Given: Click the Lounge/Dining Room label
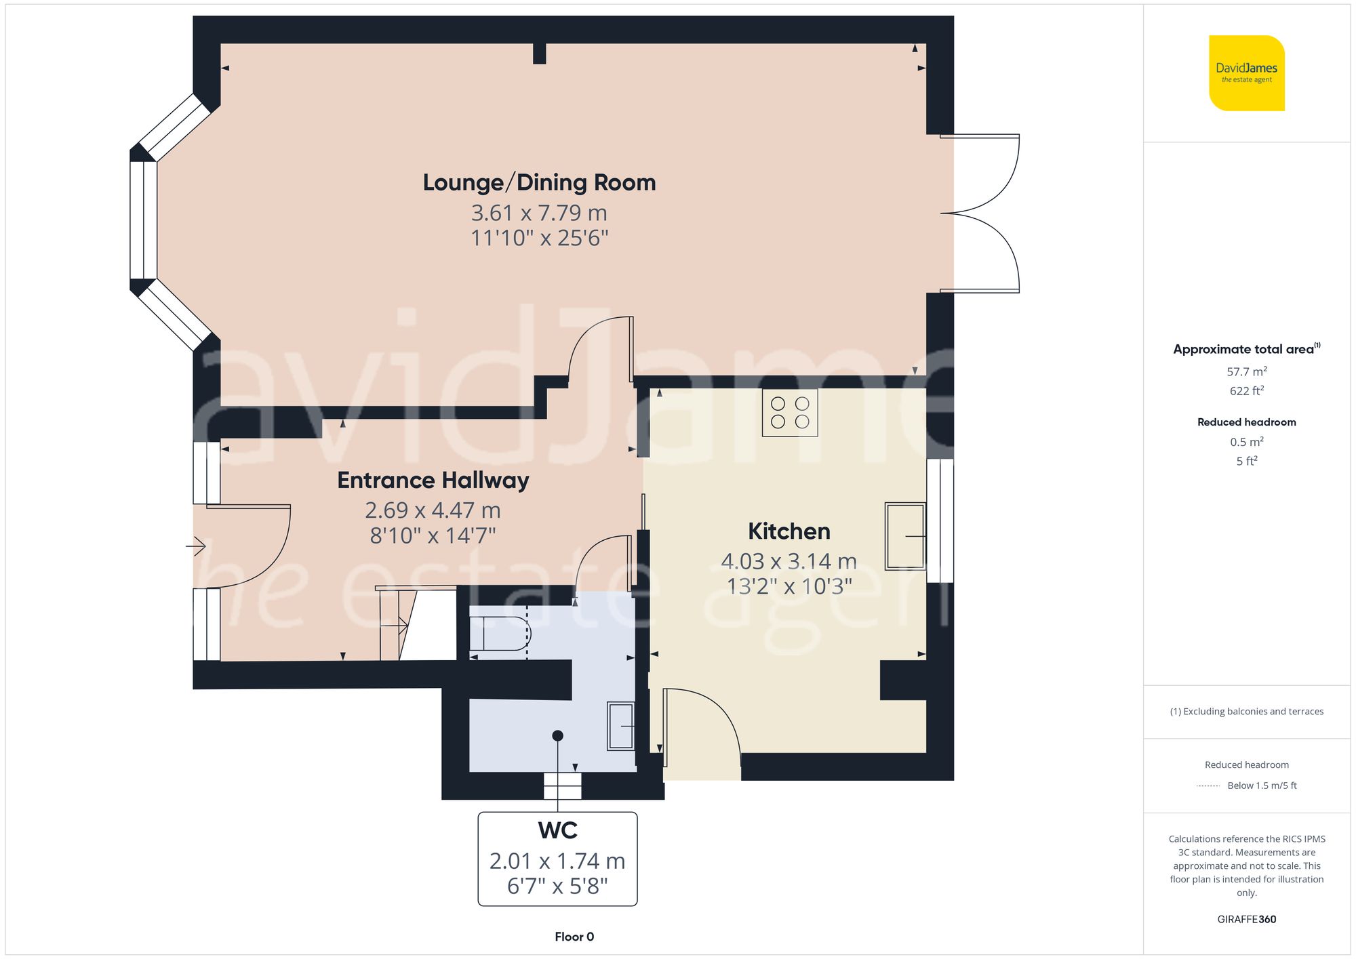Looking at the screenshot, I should (x=539, y=182).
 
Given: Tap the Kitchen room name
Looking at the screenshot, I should (x=789, y=531).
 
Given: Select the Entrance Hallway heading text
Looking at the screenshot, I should (x=433, y=480).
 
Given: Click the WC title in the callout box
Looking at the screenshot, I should (x=557, y=830).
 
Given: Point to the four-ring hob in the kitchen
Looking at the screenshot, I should (x=790, y=412).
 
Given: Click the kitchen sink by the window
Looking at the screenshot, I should (x=905, y=536).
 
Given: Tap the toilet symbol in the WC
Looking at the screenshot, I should (x=500, y=634).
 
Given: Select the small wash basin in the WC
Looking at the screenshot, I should (x=620, y=726).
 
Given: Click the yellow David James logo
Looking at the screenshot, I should (x=1246, y=73).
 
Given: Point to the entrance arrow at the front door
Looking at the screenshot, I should (x=197, y=546).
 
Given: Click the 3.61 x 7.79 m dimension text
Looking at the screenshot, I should (x=539, y=213).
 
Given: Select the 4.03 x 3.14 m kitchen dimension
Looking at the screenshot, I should (x=789, y=561).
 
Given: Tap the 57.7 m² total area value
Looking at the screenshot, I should (x=1246, y=371).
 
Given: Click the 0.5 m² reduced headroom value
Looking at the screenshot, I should (x=1246, y=442).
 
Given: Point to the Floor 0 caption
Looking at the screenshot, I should (x=574, y=937).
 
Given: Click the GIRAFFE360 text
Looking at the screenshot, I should (x=1246, y=919).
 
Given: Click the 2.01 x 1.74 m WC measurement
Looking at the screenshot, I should (x=557, y=861).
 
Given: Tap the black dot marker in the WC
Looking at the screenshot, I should (x=557, y=735).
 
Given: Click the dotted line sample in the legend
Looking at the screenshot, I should (x=1208, y=786).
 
